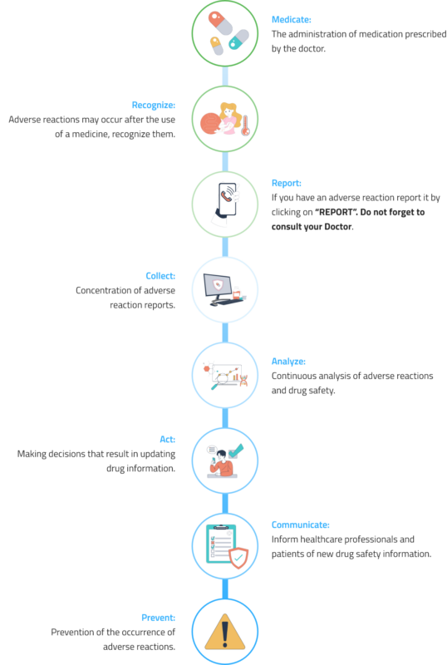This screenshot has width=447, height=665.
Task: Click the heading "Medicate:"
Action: [x=291, y=19]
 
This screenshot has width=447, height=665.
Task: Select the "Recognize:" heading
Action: [x=153, y=106]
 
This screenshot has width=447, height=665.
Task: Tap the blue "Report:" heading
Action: [x=287, y=183]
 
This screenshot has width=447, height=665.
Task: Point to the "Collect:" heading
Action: [x=160, y=276]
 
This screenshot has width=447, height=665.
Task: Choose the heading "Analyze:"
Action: [x=288, y=362]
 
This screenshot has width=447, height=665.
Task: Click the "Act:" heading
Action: [x=167, y=440]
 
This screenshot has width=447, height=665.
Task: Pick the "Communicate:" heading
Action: [x=300, y=525]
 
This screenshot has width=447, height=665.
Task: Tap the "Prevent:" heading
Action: [x=158, y=618]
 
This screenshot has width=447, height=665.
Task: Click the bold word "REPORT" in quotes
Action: [x=336, y=212]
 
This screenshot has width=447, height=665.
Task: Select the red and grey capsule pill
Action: [x=220, y=23]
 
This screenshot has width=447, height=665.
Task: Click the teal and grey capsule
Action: [x=238, y=39]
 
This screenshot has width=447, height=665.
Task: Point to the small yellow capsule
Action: [x=216, y=46]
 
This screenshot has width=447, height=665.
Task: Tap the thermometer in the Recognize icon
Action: [x=246, y=126]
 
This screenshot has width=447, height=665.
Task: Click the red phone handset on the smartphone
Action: [x=226, y=196]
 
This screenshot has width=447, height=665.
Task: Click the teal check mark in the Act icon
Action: [x=236, y=451]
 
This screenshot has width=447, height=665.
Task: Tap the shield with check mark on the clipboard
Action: [x=238, y=558]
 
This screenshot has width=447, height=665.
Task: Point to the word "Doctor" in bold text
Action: [x=338, y=226]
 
